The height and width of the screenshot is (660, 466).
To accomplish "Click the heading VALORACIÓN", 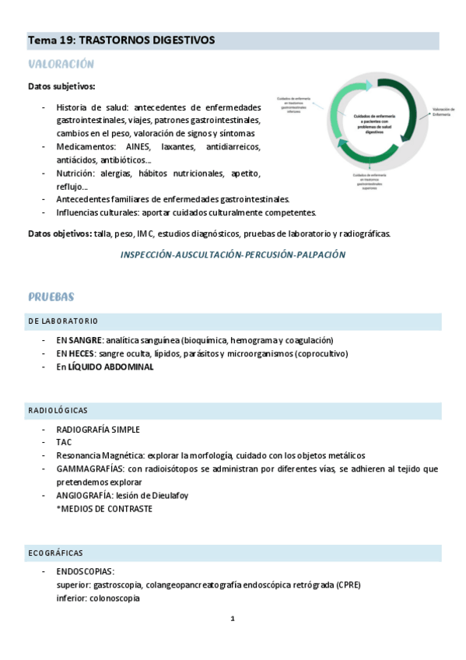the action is click(61, 64).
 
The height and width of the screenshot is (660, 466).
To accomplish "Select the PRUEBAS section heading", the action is click(51, 297).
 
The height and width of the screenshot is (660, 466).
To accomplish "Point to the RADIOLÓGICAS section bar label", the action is click(58, 409).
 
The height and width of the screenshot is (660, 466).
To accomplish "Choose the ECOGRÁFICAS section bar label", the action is click(55, 553).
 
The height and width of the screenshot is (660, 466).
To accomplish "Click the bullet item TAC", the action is click(64, 442).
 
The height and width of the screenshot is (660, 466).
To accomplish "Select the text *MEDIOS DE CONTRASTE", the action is click(104, 508).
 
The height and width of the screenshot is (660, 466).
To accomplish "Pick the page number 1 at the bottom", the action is click(233, 619).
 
